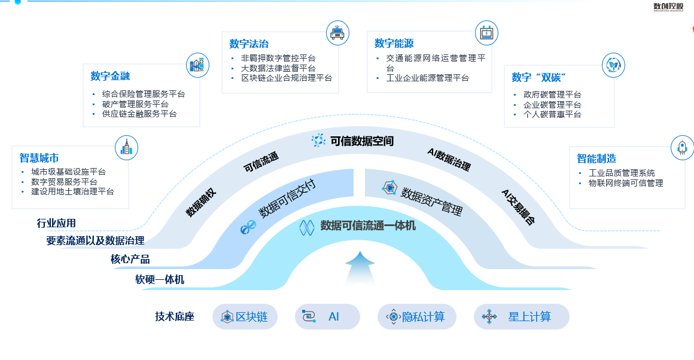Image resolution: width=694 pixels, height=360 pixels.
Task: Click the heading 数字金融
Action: pyautogui.click(x=110, y=76)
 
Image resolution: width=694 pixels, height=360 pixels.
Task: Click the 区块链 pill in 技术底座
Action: pyautogui.click(x=245, y=317)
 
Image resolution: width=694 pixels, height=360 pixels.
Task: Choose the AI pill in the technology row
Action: pyautogui.click(x=327, y=317)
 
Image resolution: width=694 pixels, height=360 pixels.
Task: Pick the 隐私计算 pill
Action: pyautogui.click(x=416, y=317)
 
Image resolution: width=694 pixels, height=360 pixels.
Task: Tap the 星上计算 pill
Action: pyautogui.click(x=521, y=317)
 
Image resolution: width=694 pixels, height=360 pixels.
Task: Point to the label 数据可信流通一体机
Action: pyautogui.click(x=367, y=226)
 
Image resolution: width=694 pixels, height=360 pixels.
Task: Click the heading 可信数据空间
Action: pyautogui.click(x=362, y=141)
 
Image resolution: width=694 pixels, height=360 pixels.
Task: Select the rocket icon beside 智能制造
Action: pyautogui.click(x=681, y=147)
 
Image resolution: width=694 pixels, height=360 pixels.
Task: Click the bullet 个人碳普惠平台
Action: pyautogui.click(x=552, y=114)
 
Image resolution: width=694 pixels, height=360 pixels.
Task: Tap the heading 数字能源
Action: pyautogui.click(x=394, y=43)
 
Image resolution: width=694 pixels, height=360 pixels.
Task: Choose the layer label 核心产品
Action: pyautogui.click(x=130, y=259)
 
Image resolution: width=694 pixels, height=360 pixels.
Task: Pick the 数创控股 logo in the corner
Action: pyautogui.click(x=668, y=7)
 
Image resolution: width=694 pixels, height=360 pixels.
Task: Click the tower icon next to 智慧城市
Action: pyautogui.click(x=126, y=147)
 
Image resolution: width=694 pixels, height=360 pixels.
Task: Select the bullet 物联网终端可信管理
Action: pyautogui.click(x=626, y=183)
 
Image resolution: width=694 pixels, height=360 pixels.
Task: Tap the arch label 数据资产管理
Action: pyautogui.click(x=431, y=202)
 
